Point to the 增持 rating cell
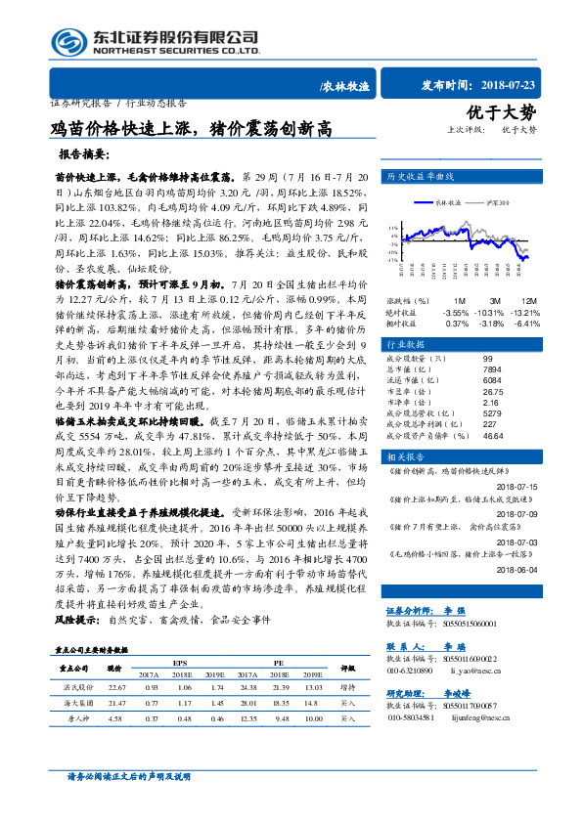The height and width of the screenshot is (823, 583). click(347, 715)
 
